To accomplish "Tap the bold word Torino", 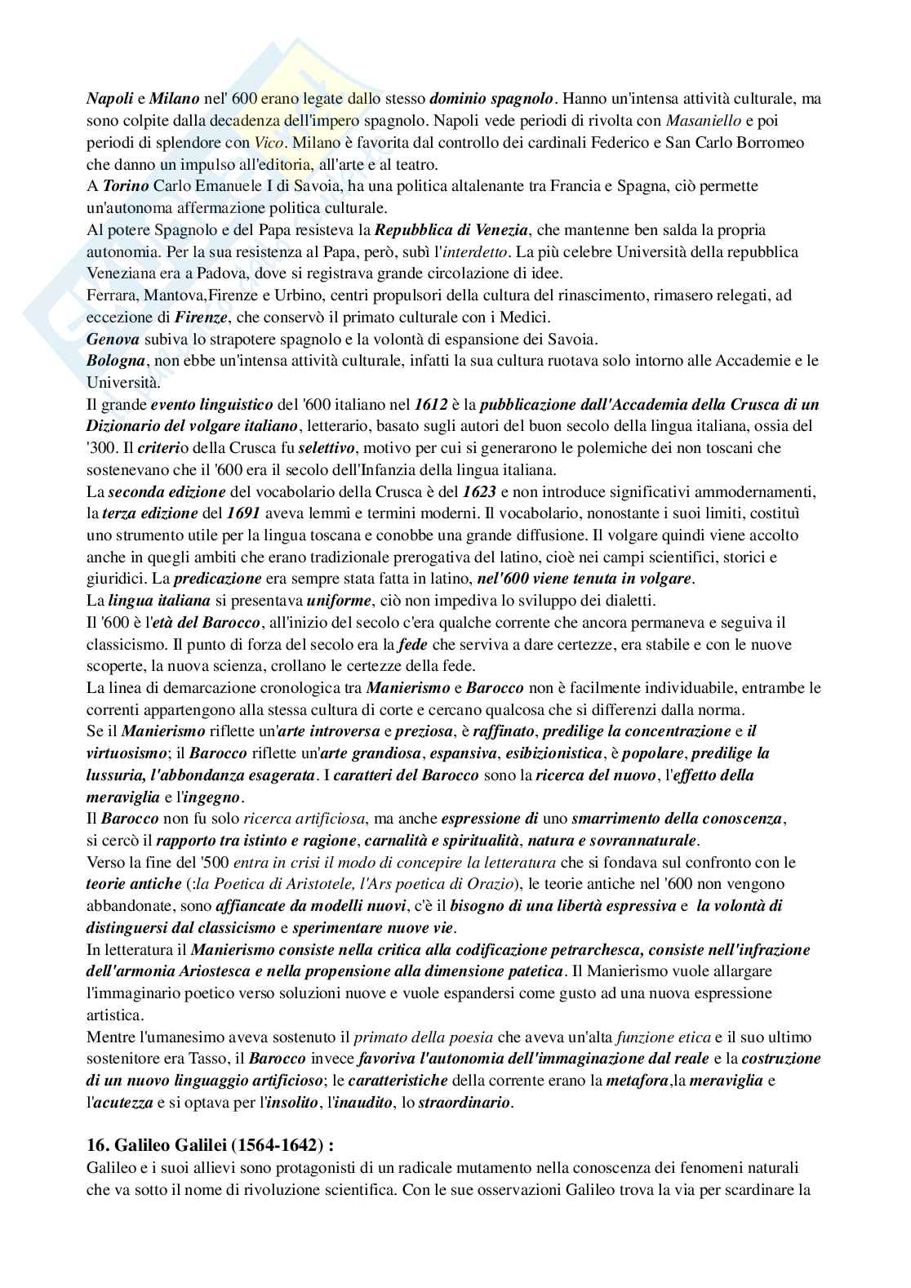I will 124,186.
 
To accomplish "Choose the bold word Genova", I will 113,339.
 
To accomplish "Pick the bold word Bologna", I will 115,361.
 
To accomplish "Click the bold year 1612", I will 431,405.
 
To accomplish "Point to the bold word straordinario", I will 464,1104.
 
